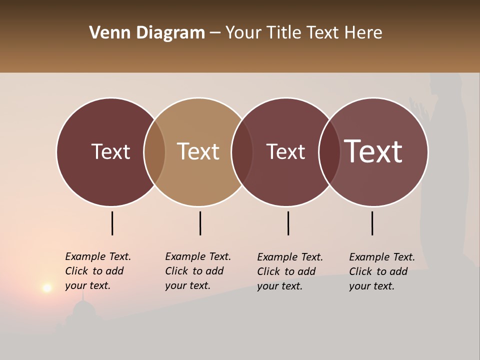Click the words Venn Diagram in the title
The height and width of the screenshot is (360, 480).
click(x=146, y=33)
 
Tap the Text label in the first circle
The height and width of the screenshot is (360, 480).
click(x=110, y=151)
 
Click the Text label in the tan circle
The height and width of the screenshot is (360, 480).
click(x=198, y=151)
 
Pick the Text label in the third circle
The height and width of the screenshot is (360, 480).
click(x=285, y=151)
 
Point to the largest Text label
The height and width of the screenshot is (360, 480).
click(x=373, y=151)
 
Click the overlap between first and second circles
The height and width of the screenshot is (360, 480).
click(x=154, y=151)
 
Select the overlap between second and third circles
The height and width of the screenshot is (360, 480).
click(x=242, y=151)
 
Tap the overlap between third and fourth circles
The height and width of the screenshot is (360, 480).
click(x=329, y=151)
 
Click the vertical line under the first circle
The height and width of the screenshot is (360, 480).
click(x=112, y=223)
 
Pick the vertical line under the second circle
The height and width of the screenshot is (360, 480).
click(x=200, y=223)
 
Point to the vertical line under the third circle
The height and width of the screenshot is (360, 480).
click(x=288, y=223)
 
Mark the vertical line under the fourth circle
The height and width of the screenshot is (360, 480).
click(x=372, y=223)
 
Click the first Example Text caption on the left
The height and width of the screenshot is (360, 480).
click(x=98, y=271)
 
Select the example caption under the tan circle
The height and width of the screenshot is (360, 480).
click(x=198, y=271)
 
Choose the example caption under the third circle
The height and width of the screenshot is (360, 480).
click(x=290, y=271)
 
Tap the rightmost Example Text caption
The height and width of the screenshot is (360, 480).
click(x=382, y=271)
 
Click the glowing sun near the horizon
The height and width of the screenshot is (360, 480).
click(x=47, y=287)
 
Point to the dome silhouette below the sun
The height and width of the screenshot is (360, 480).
click(x=83, y=312)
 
